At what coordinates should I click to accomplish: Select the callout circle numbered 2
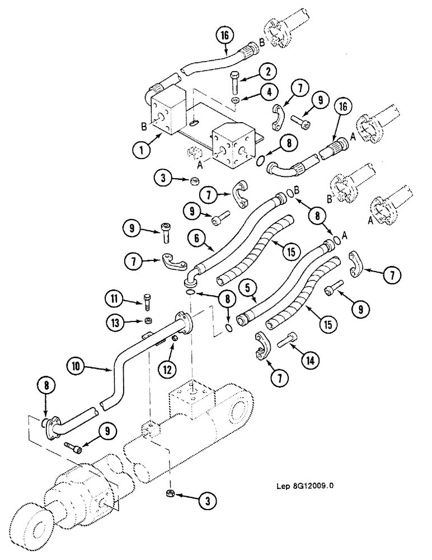pos(267,71)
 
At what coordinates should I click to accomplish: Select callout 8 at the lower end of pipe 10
pos(46,385)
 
